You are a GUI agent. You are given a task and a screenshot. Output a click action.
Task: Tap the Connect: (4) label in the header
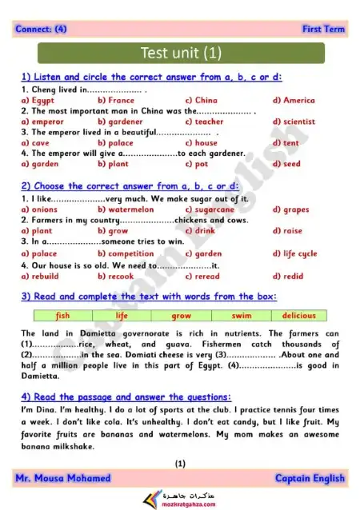click(x=42, y=30)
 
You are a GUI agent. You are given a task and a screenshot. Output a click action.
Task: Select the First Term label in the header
click(x=323, y=30)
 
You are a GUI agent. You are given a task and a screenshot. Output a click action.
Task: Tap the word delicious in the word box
click(x=299, y=316)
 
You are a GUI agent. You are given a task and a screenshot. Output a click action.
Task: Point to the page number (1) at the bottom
click(x=180, y=463)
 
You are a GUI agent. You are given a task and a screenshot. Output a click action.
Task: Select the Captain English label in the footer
click(x=310, y=479)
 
